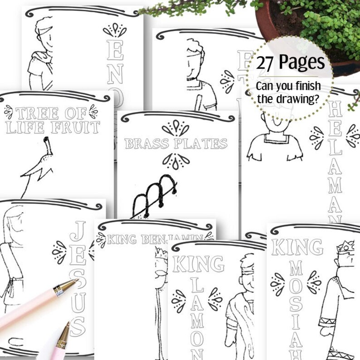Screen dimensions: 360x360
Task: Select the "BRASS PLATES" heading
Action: click(176, 144)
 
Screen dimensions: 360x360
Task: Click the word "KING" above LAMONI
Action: click(198, 263)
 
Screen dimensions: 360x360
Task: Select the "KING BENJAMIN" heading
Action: click(154, 239)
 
